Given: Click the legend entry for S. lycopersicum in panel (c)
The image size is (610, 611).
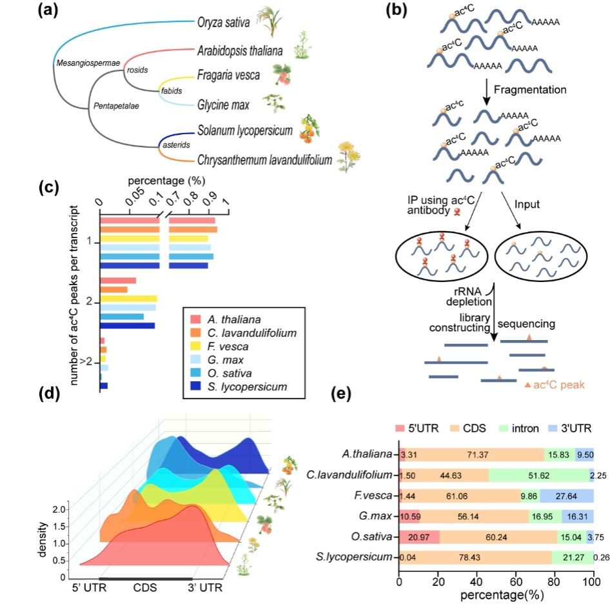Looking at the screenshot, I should tap(247, 386).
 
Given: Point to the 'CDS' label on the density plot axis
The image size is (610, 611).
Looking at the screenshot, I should tap(144, 588).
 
